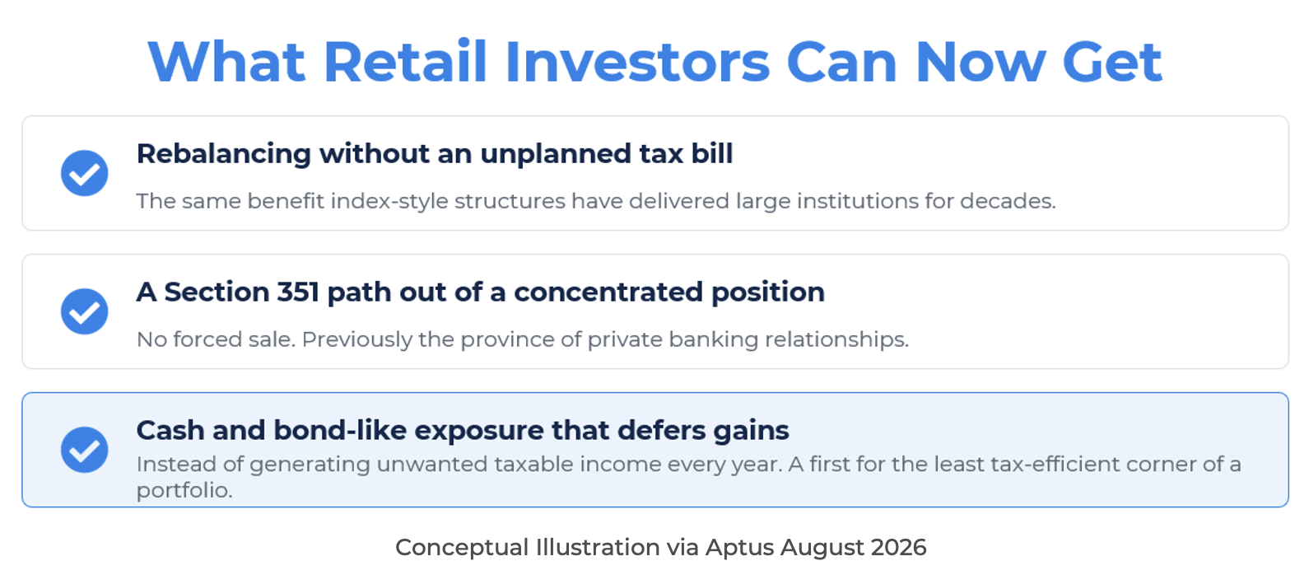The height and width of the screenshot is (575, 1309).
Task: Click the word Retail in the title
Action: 405,62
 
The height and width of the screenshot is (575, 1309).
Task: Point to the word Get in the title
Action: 1112,62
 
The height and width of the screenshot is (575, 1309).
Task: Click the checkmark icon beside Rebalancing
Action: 84,173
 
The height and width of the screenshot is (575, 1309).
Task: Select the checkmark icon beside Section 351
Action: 84,311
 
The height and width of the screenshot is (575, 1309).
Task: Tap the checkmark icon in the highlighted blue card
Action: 84,449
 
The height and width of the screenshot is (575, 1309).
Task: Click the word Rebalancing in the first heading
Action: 224,155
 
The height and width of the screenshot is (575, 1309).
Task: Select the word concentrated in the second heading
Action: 608,292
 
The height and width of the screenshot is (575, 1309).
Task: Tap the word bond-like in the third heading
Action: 340,431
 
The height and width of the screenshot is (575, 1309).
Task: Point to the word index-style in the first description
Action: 389,201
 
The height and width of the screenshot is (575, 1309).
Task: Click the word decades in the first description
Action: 1008,201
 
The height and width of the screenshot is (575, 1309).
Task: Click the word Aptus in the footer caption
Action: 740,548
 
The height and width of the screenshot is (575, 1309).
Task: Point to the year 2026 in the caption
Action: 899,548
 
